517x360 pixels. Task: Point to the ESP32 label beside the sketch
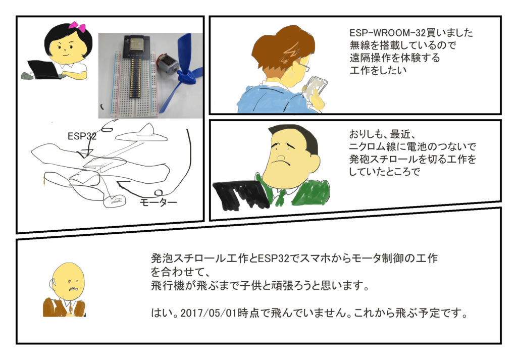[82, 136]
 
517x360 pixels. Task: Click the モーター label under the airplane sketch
[158, 202]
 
